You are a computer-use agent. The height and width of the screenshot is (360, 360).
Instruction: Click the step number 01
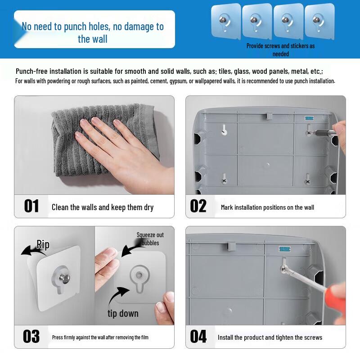(31, 206)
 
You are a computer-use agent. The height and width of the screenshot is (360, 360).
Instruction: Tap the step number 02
(198, 206)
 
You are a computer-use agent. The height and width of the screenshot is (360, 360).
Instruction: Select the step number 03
(31, 336)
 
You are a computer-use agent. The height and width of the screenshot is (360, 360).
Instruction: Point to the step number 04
(198, 336)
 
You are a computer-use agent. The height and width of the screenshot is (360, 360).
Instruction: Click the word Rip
(43, 245)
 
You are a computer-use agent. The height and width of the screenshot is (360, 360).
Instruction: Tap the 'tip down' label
(123, 313)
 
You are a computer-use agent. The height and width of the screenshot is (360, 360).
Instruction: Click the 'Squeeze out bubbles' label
(150, 239)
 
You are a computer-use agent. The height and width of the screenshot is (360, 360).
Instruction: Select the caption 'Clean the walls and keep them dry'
(103, 207)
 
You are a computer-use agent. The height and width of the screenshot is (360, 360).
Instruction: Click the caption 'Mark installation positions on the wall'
(267, 207)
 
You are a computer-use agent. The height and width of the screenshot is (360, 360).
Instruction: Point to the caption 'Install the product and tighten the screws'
(270, 337)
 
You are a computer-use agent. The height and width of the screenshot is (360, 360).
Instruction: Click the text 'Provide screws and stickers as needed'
(281, 49)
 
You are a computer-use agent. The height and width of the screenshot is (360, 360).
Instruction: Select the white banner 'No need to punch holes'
(93, 32)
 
